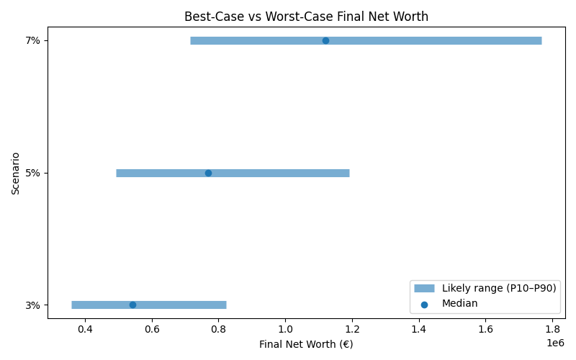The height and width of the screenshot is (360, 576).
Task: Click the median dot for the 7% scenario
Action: [325, 40]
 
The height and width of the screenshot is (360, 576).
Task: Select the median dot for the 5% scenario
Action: [208, 173]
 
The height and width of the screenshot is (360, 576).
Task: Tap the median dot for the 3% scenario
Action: [132, 305]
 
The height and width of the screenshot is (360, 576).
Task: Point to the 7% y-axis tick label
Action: [32, 40]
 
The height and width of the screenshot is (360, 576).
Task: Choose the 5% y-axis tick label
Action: [32, 173]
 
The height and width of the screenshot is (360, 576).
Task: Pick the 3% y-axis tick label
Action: [32, 305]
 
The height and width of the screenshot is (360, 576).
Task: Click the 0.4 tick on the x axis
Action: [85, 329]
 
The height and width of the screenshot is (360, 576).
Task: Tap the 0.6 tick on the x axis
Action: [152, 329]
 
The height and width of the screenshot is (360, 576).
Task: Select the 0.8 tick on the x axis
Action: [219, 329]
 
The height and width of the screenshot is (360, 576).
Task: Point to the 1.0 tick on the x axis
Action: [286, 329]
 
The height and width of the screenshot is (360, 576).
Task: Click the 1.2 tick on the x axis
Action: [352, 329]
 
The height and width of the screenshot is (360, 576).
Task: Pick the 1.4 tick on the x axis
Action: [419, 329]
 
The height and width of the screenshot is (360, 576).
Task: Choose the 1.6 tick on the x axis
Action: [486, 329]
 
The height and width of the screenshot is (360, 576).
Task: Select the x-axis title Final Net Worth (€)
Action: [306, 344]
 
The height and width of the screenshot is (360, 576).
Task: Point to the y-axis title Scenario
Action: [16, 173]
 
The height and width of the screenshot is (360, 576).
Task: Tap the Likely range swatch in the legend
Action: [425, 288]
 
